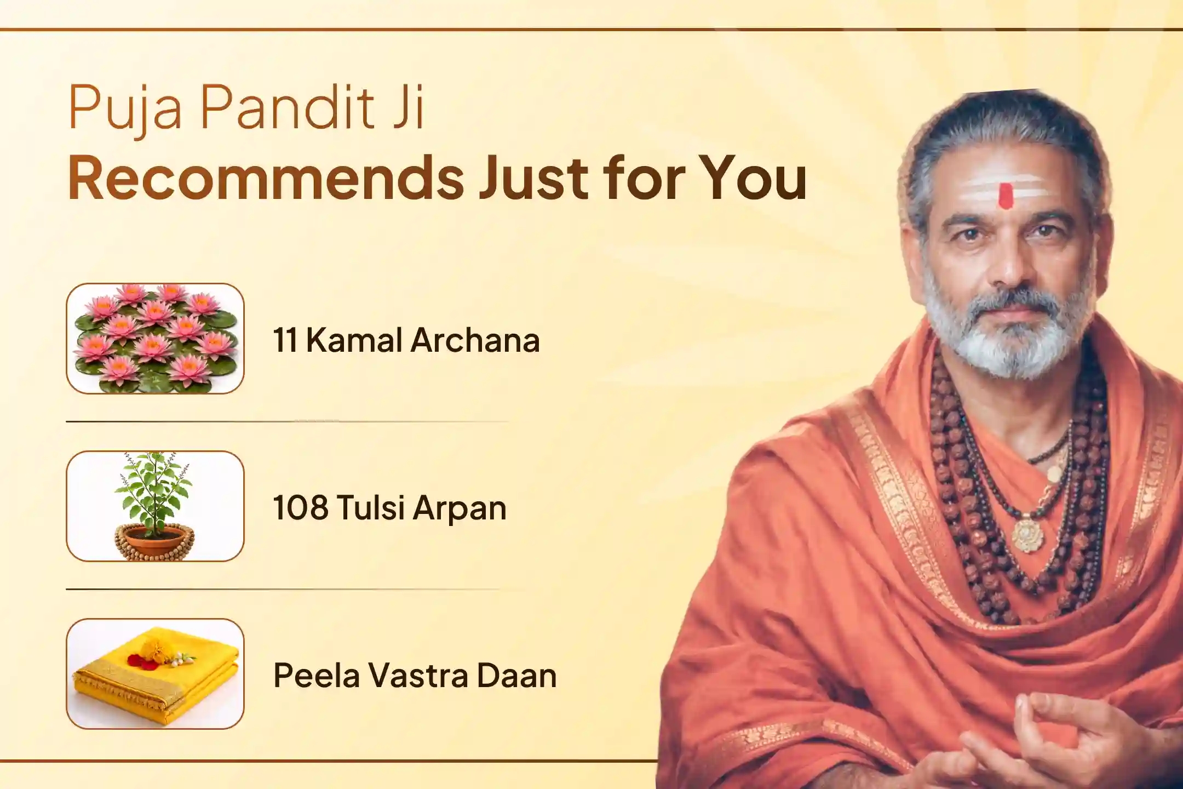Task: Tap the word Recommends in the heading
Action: tap(266, 178)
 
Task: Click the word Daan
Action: tap(516, 675)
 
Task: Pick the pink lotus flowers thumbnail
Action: tap(155, 339)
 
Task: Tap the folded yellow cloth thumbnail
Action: tap(155, 674)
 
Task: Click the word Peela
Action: tap(316, 675)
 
